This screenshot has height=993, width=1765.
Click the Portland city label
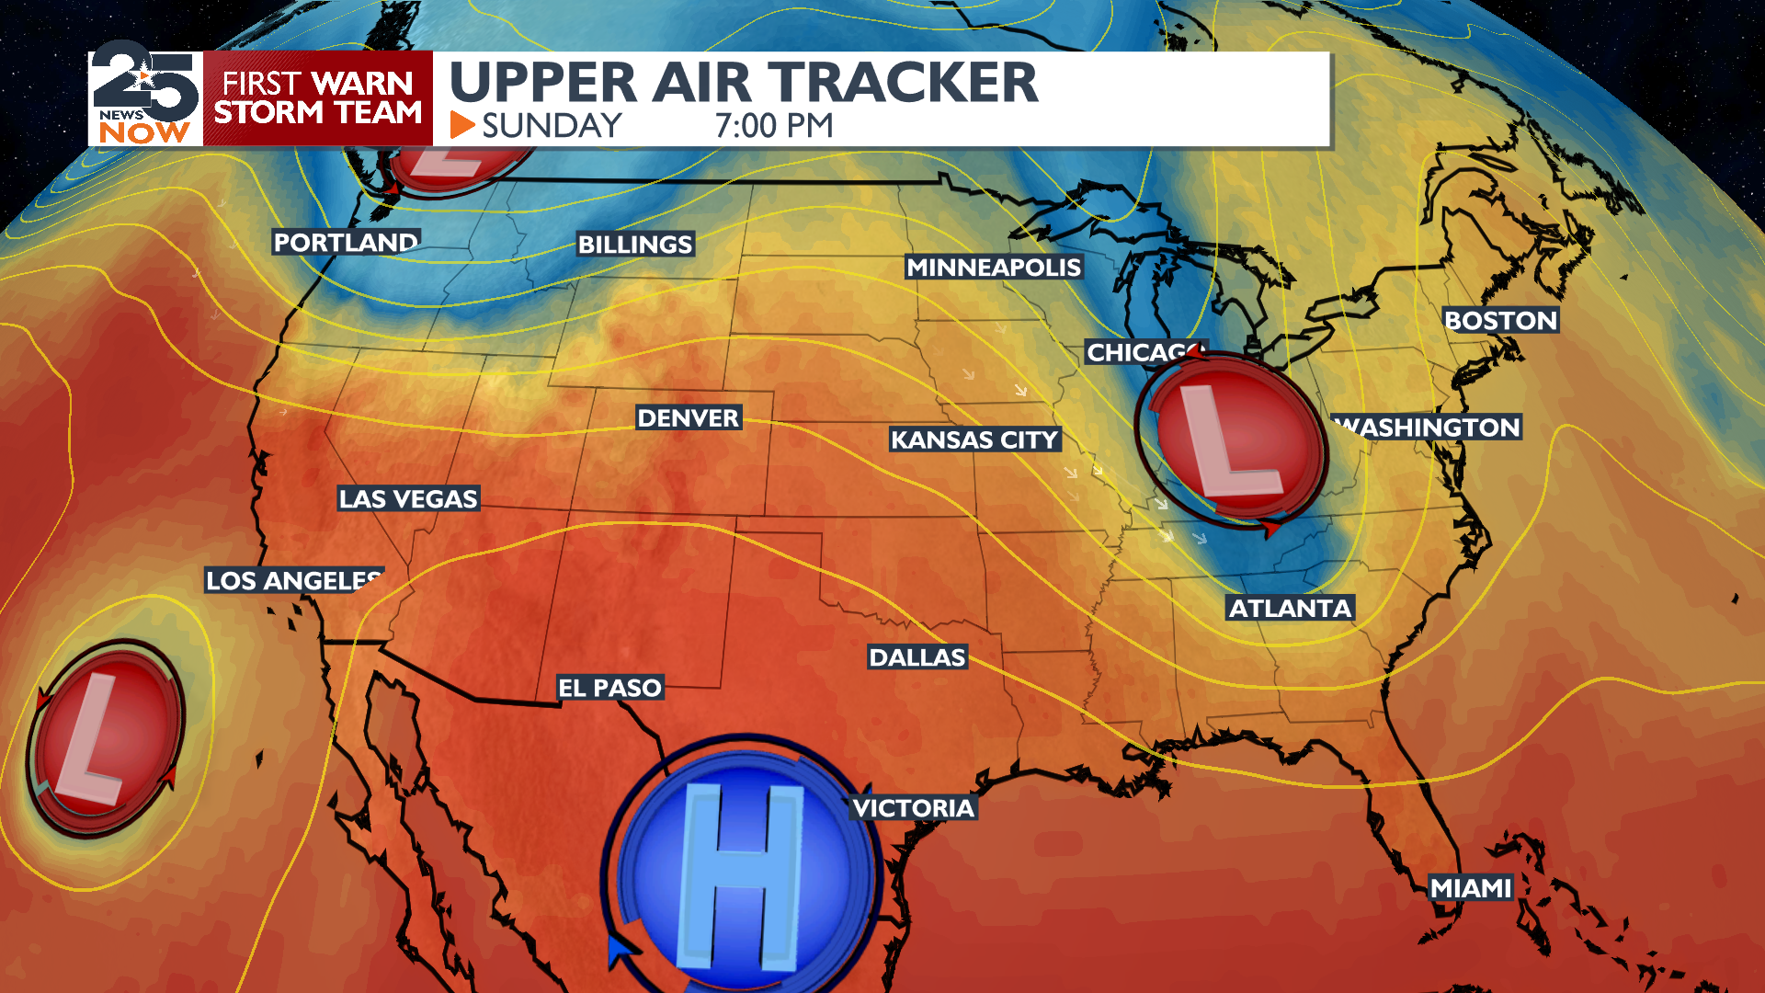click(346, 242)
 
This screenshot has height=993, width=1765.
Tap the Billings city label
click(635, 244)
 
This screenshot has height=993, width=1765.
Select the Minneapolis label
click(994, 267)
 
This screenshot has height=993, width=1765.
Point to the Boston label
click(1500, 320)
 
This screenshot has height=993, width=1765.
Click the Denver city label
click(688, 417)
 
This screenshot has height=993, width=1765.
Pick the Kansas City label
click(974, 439)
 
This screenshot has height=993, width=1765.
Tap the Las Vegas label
click(408, 498)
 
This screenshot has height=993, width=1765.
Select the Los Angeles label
click(292, 580)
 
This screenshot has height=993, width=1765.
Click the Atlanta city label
click(1291, 608)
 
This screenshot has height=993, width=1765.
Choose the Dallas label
click(917, 656)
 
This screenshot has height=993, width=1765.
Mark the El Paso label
click(609, 687)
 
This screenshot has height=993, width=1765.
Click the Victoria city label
click(913, 807)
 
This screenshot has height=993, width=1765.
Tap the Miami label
click(1471, 887)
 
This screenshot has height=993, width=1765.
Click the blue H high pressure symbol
click(741, 869)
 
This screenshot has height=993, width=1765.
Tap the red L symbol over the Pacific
click(104, 737)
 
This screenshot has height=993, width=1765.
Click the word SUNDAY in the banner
click(552, 125)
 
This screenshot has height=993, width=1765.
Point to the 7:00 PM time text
click(774, 125)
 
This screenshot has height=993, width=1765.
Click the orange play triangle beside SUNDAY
click(461, 125)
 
